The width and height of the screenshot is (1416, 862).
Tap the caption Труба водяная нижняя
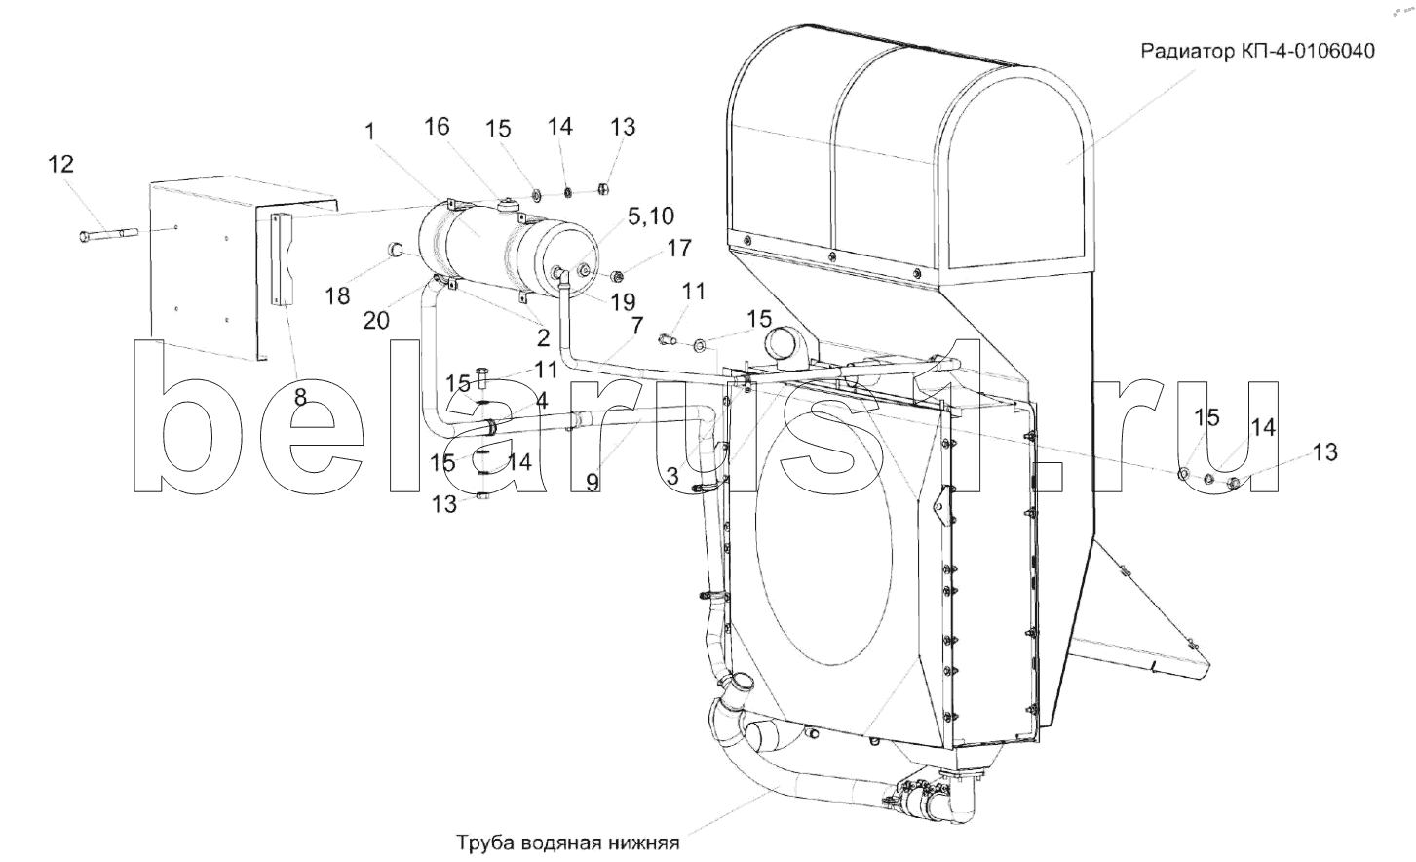pos(565,842)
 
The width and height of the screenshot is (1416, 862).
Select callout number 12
pos(60,164)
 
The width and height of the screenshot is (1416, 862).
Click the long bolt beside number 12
pos(107,234)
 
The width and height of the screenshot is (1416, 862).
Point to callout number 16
pos(438,126)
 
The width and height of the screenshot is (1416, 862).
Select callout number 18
pos(337,295)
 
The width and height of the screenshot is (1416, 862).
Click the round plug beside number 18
pos(398,252)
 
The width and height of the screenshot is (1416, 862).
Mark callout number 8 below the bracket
pos(300,397)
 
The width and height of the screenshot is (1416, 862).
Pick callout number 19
pos(622,302)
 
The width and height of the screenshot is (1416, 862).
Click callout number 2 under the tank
pos(542,338)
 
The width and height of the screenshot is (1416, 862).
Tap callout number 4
pos(541,401)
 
